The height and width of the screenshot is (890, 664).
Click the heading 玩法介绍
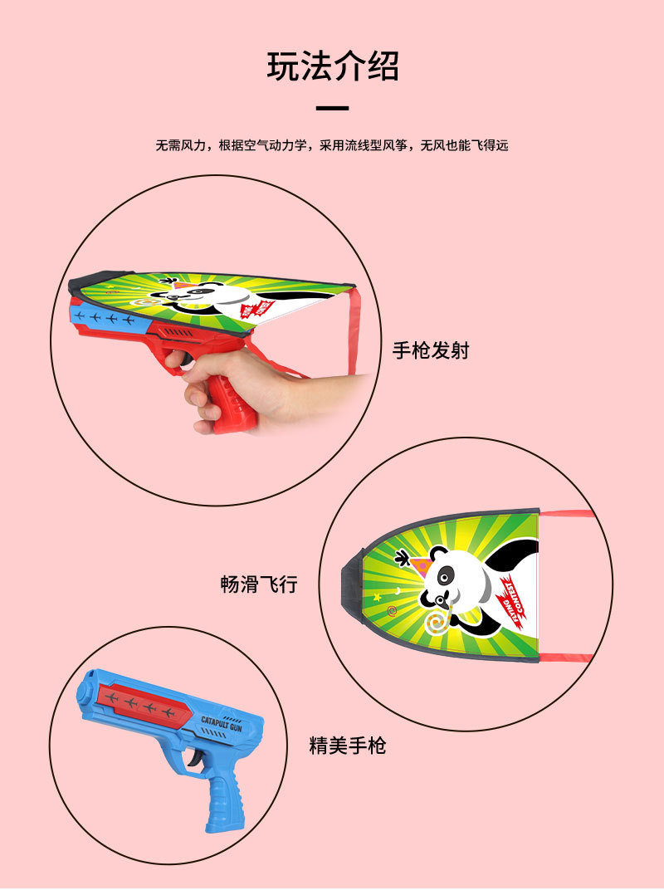(332, 66)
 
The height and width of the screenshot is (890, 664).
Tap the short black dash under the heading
(333, 108)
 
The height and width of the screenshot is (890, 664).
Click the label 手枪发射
(431, 350)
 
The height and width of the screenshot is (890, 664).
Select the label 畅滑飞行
(258, 584)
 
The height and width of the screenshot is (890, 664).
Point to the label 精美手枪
(347, 746)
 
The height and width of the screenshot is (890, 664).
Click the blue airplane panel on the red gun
(103, 318)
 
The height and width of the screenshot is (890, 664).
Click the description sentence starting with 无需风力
(332, 145)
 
